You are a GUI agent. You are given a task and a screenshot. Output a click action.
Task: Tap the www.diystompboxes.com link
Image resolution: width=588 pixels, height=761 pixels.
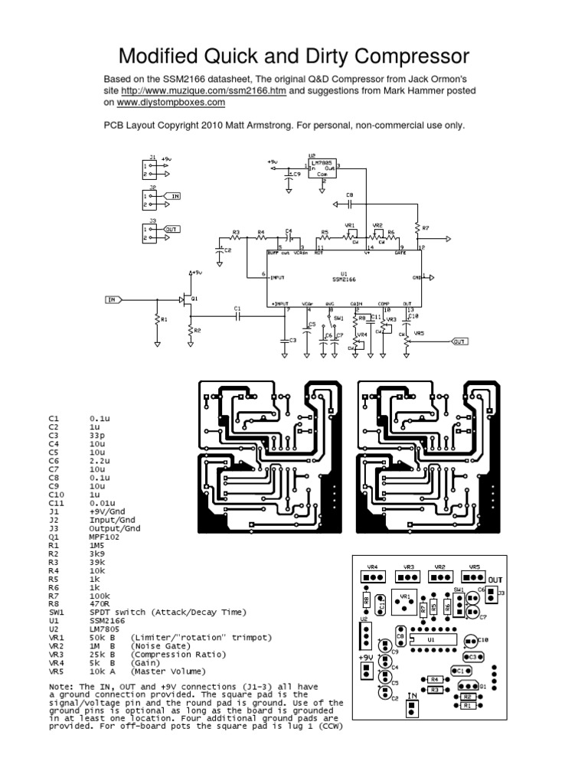click(171, 101)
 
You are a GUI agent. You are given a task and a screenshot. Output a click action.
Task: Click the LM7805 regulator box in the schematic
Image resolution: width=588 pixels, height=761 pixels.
click(323, 167)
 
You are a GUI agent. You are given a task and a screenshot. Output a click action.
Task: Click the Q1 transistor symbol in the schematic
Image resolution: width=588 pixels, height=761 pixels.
click(187, 298)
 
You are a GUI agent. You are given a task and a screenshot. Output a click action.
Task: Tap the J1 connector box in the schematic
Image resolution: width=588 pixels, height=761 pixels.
click(148, 169)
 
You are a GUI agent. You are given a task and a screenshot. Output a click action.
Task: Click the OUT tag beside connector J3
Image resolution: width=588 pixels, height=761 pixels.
click(171, 229)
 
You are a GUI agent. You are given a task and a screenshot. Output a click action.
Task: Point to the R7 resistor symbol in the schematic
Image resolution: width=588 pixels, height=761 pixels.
click(417, 227)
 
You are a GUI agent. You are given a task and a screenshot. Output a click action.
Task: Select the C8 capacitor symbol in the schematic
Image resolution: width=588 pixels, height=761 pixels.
click(350, 204)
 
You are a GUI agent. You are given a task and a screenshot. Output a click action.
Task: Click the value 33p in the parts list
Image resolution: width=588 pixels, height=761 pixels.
click(97, 434)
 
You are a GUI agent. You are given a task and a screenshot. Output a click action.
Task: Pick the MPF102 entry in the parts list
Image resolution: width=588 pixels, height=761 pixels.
click(105, 536)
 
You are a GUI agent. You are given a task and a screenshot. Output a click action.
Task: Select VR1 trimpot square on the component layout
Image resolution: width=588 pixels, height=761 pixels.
click(404, 605)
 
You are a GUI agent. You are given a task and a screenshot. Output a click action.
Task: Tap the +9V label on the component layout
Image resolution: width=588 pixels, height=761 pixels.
click(365, 656)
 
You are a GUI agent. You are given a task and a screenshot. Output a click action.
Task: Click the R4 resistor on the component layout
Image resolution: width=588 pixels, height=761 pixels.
click(433, 678)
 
